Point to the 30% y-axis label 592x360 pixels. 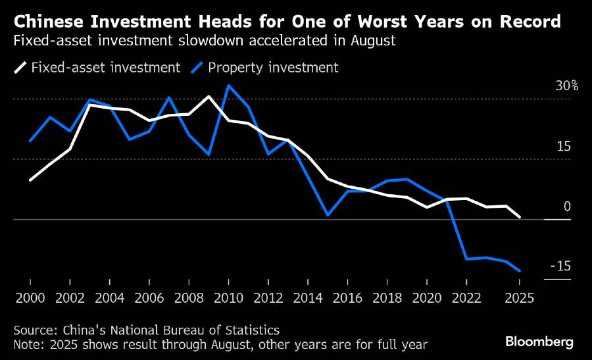coord(566,86)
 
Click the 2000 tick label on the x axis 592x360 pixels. coord(30,297)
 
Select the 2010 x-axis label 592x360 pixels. coord(228,297)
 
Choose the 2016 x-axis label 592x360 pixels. coord(347,297)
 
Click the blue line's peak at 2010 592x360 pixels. coord(228,85)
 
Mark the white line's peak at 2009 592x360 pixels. coord(209,97)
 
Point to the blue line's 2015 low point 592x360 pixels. coord(327,215)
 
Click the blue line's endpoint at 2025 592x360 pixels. coord(520,270)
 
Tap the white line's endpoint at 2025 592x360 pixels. coord(520,217)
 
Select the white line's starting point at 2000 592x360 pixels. coord(30,180)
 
